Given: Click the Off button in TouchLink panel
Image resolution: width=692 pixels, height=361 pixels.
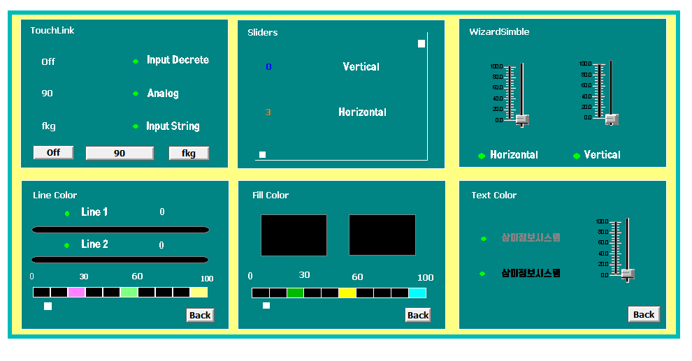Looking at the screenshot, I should (53, 153).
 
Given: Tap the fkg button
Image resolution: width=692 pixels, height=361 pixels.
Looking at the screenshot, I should (189, 153).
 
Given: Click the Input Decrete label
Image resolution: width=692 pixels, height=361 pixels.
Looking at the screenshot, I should (178, 60).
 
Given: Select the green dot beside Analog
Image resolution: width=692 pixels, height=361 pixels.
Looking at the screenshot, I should (136, 94).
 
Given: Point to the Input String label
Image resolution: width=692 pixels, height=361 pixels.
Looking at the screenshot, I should (173, 126).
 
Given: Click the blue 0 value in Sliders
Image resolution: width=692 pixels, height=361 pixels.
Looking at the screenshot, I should (268, 67).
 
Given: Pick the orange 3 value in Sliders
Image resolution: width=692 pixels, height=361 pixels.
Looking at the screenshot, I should (268, 112).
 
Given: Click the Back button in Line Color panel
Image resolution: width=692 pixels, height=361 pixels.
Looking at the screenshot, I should (200, 315).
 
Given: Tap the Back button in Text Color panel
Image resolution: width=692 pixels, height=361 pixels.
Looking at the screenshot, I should (644, 314).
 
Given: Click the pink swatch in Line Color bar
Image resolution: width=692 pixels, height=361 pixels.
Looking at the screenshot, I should (77, 292).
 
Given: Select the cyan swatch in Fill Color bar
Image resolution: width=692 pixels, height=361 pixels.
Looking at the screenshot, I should (417, 293).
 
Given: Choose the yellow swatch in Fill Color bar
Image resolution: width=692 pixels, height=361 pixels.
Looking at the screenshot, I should (347, 293).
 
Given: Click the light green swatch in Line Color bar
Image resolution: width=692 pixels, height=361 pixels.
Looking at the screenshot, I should (129, 292).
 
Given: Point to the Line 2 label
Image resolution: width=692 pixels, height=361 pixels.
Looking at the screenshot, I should (94, 244).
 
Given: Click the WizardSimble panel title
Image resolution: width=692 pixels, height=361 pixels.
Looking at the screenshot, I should (499, 32).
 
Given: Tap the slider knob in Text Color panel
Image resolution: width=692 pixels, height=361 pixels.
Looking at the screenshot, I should (628, 274).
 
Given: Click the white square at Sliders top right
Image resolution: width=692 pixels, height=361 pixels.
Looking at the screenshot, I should (421, 43).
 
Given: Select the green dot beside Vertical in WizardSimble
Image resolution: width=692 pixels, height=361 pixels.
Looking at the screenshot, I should (577, 156).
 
